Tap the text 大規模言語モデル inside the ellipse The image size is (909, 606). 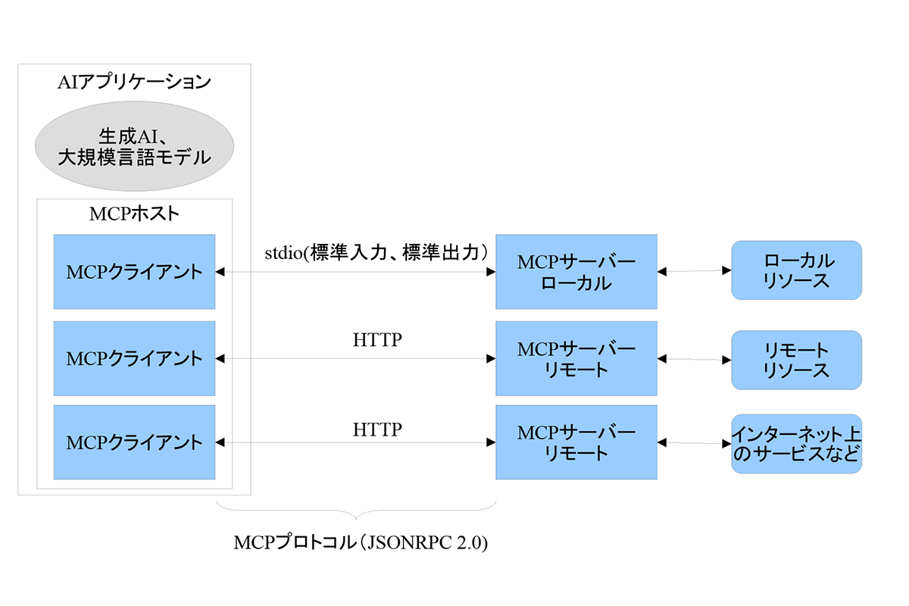[x=134, y=158]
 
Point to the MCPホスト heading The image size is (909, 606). [x=134, y=213]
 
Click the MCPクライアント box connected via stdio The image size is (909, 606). [x=134, y=271]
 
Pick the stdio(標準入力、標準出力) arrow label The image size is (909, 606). [x=376, y=252]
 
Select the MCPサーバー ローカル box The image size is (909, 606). [x=576, y=271]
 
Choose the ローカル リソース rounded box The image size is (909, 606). [x=796, y=270]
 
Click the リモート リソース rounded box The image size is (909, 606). [x=796, y=360]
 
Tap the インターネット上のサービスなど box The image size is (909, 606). [x=796, y=444]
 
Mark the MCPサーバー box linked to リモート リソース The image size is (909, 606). [x=576, y=358]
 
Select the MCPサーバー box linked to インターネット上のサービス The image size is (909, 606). [x=576, y=442]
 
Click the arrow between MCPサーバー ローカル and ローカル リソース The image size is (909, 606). [x=694, y=271]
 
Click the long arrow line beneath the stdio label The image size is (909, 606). [x=356, y=271]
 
